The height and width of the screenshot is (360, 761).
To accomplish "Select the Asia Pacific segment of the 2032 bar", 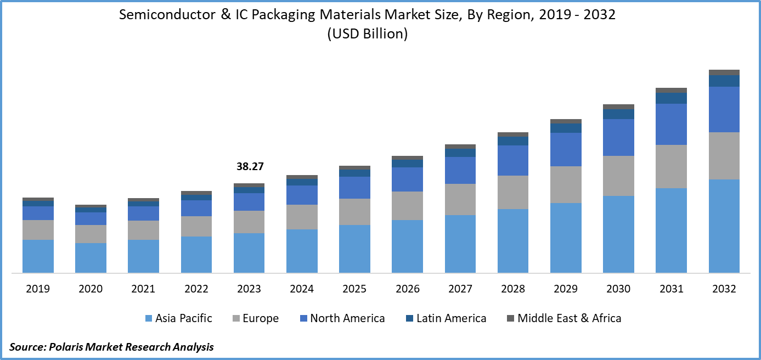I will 724,226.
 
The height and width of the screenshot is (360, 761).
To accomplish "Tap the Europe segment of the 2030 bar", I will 618,176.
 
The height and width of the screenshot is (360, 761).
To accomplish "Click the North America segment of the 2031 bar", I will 672,124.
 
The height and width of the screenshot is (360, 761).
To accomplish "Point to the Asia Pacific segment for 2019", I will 38,256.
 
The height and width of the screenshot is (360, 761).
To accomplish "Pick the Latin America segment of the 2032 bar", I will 724,81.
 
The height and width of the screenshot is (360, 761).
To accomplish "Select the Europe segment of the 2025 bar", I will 354,211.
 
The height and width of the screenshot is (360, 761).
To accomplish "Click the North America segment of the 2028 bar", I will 513,160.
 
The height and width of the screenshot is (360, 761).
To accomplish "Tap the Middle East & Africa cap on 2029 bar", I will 566,121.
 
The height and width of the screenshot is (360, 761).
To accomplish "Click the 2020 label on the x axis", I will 91,289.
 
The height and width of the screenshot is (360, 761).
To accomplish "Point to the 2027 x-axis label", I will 460,289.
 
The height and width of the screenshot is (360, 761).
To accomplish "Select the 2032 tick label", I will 724,289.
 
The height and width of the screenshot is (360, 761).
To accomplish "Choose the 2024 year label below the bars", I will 302,289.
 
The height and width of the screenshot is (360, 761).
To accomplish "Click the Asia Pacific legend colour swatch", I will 148,318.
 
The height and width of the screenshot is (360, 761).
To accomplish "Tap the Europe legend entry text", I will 261,318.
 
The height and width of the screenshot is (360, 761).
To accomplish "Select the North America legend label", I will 347,318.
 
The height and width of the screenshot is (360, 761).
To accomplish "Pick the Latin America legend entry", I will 451,318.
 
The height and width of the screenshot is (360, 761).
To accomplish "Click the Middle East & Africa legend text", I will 569,318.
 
